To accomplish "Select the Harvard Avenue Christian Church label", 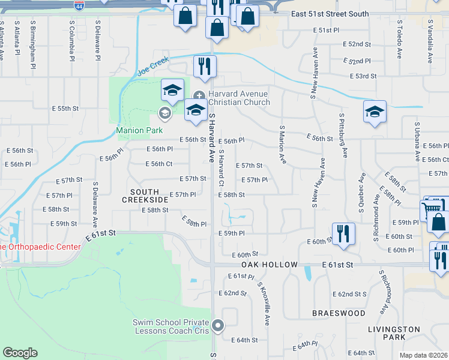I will click(239, 98).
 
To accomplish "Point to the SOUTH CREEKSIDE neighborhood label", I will click(145, 195).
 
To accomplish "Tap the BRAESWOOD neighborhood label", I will click(339, 313).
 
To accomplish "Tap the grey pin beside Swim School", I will click(218, 326).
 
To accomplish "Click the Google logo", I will click(20, 353).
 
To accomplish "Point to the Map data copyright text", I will click(424, 355).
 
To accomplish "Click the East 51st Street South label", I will click(330, 14).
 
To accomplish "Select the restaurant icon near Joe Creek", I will click(205, 67).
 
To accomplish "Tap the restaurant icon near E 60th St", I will click(343, 234).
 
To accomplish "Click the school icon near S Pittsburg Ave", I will click(375, 112).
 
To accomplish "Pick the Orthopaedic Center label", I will click(40, 247).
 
